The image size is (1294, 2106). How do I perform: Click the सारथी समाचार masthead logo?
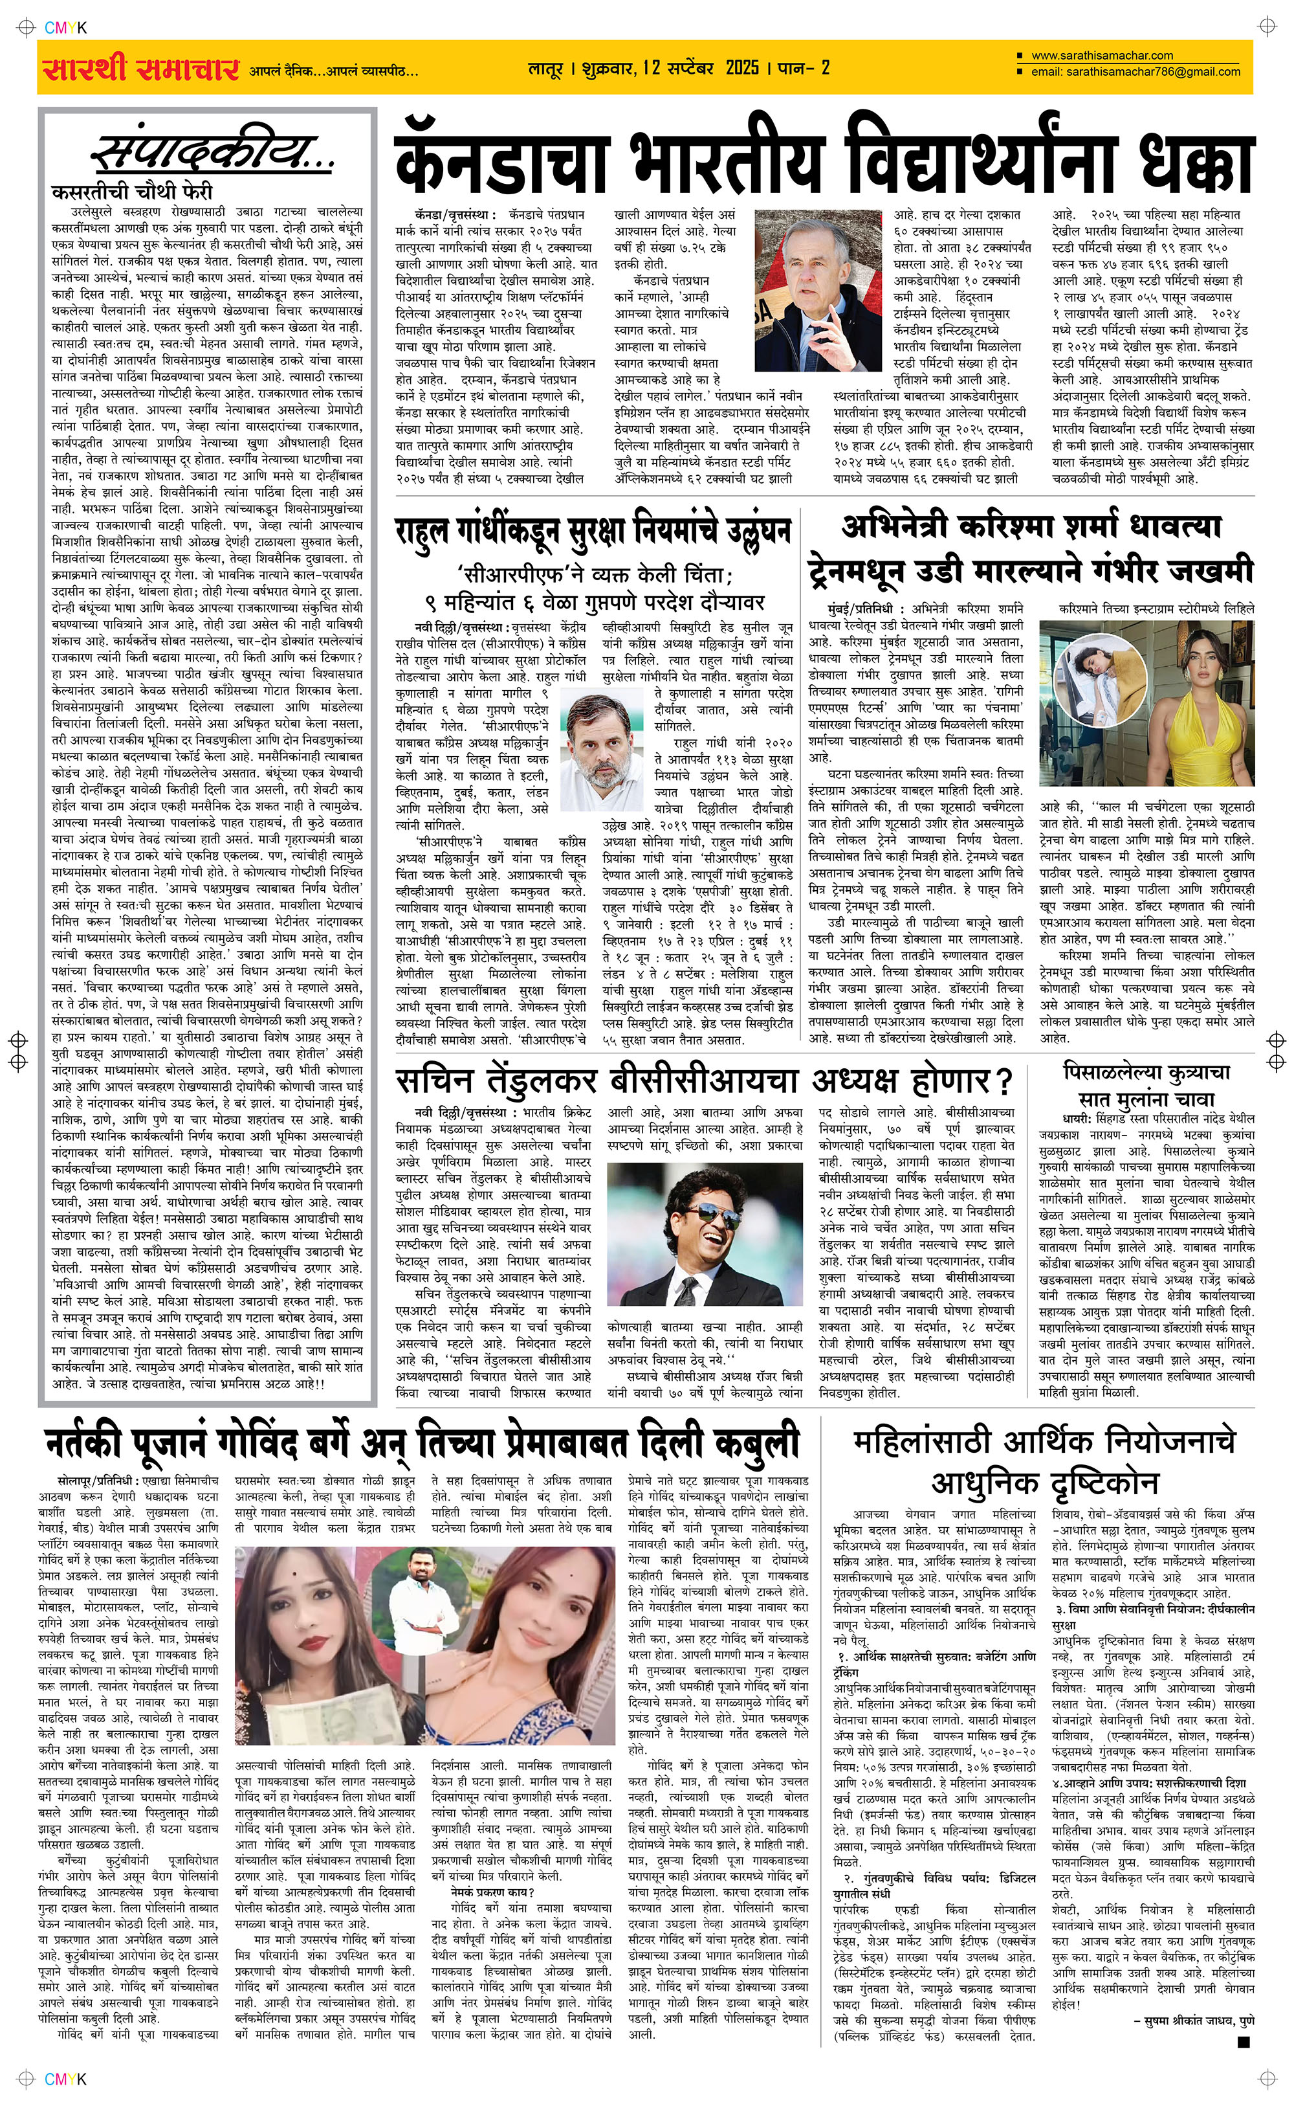pyautogui.click(x=140, y=69)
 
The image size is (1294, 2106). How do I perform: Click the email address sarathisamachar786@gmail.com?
pyautogui.click(x=1135, y=72)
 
